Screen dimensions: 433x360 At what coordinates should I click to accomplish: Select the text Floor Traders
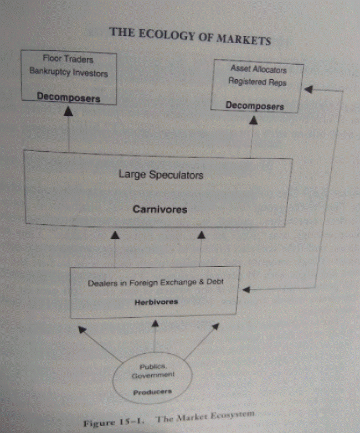69,59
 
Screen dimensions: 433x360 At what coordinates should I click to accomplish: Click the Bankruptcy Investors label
69,73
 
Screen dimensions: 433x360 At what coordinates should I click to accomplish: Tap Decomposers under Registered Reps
255,105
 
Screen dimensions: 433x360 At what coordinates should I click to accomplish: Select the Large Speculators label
161,175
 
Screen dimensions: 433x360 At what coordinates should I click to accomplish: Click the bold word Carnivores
160,209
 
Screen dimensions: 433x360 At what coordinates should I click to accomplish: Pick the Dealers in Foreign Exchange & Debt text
156,283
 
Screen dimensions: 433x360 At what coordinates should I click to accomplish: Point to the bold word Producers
152,392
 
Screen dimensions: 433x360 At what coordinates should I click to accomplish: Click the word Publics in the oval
153,367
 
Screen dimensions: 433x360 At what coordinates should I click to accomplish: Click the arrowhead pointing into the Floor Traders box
69,111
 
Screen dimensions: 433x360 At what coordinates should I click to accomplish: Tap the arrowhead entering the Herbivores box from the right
248,290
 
